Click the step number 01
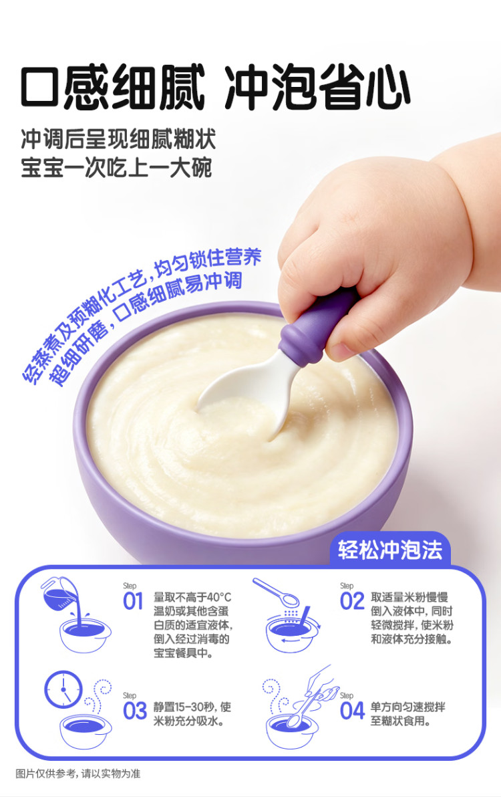[x=133, y=601]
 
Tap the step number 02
[x=352, y=601]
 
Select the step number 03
[x=134, y=711]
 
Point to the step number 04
[x=352, y=711]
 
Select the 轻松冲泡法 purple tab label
[x=390, y=550]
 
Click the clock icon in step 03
[x=63, y=689]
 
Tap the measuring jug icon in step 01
[x=60, y=595]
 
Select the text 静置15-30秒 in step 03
[x=184, y=707]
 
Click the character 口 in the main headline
[x=40, y=87]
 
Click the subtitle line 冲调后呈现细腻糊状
[x=118, y=139]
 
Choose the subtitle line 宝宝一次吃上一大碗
[x=116, y=168]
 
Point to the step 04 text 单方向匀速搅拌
[x=407, y=707]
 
